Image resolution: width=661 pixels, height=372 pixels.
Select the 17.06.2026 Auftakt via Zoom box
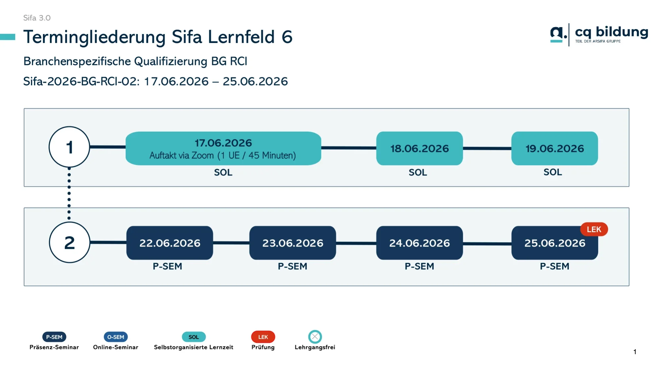click(x=223, y=148)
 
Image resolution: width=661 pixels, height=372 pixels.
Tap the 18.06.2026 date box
click(x=419, y=148)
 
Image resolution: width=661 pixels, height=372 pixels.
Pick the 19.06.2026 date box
click(x=555, y=148)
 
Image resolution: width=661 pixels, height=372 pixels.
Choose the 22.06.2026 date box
click(x=170, y=243)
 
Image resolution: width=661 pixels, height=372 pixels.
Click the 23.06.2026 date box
click(x=293, y=243)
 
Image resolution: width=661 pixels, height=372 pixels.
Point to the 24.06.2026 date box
click(x=419, y=243)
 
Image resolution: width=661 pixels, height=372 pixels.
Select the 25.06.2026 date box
click(x=555, y=243)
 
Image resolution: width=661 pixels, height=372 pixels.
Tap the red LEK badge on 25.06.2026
click(x=594, y=229)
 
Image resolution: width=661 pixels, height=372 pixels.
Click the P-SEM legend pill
click(x=54, y=337)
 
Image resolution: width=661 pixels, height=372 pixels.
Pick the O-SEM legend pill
click(x=116, y=337)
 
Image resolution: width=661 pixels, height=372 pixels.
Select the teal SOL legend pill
click(x=194, y=337)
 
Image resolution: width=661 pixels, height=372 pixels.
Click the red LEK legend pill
click(x=263, y=337)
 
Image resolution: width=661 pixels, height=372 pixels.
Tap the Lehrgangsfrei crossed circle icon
click(x=315, y=337)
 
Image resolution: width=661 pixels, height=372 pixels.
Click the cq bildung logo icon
click(x=558, y=34)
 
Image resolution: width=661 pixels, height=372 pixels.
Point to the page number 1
click(x=635, y=352)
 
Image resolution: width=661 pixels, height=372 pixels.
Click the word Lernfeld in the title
click(x=242, y=37)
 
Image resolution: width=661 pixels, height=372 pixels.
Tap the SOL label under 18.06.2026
click(x=418, y=172)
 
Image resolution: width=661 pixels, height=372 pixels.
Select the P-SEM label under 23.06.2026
click(x=293, y=266)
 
